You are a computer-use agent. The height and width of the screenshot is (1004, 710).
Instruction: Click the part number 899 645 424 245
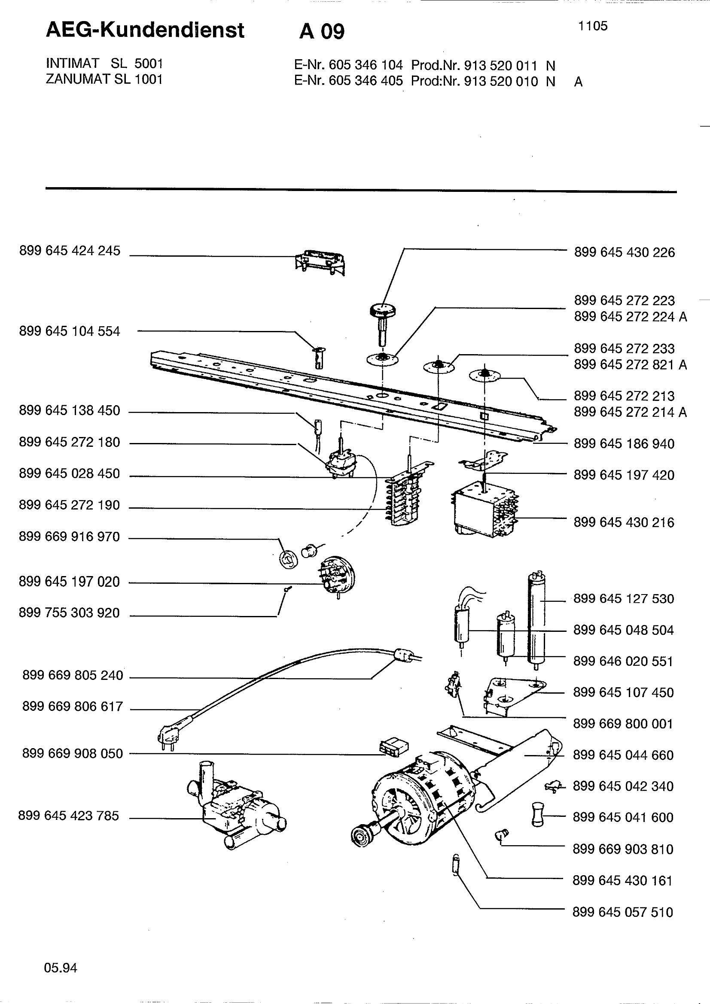point(70,251)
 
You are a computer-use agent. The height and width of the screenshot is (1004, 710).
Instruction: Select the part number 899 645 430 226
point(624,252)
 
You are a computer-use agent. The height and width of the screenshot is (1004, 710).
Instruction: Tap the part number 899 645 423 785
point(69,816)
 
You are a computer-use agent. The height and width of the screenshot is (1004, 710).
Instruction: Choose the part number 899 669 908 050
point(73,753)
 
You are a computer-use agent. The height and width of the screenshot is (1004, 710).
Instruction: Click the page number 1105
point(593,26)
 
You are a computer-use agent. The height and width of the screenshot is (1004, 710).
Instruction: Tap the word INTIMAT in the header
point(73,64)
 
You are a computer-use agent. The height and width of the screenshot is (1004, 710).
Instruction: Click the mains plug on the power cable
point(167,739)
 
